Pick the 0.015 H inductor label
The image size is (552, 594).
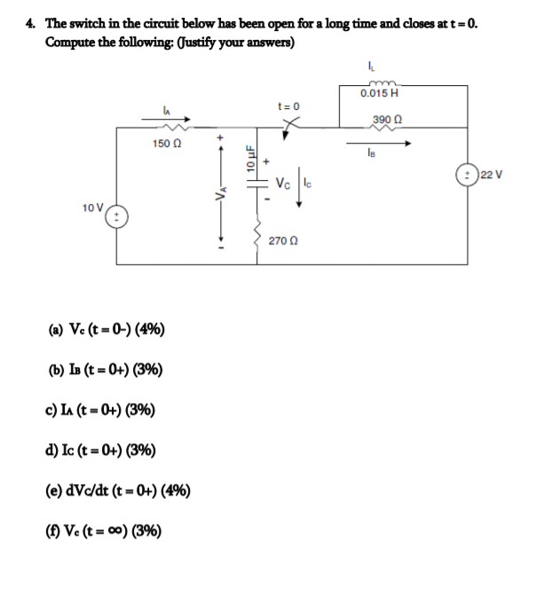click(x=380, y=93)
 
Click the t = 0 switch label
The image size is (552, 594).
click(x=289, y=106)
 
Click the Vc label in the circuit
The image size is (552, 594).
click(x=282, y=184)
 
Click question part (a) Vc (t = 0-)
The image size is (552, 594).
click(x=102, y=332)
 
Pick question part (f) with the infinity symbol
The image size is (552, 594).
click(x=102, y=530)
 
